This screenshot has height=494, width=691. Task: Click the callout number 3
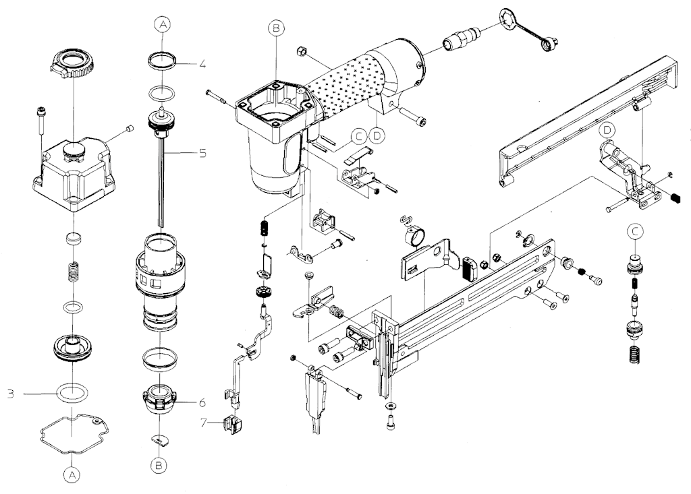coord(10,392)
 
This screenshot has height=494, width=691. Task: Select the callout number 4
coord(202,65)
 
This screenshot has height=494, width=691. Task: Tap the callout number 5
coord(202,153)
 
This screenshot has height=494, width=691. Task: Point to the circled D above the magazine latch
coord(607,129)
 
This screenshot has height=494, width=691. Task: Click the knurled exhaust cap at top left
coord(71,64)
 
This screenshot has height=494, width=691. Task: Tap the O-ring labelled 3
coord(72,392)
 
